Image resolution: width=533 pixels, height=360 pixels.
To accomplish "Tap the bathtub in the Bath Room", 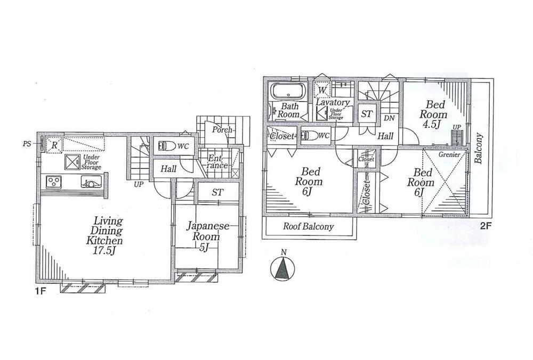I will [287, 92].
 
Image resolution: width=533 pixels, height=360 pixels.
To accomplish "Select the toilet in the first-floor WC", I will [164, 145].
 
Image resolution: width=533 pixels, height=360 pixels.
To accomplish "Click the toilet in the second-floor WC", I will [308, 136].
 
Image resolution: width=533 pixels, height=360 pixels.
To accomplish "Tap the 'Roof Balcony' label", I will [308, 226].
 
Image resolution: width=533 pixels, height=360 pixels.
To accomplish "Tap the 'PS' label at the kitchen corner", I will [27, 143].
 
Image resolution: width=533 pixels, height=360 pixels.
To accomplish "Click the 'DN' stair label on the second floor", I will [389, 118].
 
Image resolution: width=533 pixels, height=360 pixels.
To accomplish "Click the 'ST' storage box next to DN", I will [366, 113].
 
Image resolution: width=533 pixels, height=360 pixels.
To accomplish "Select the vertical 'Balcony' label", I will [479, 150].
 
